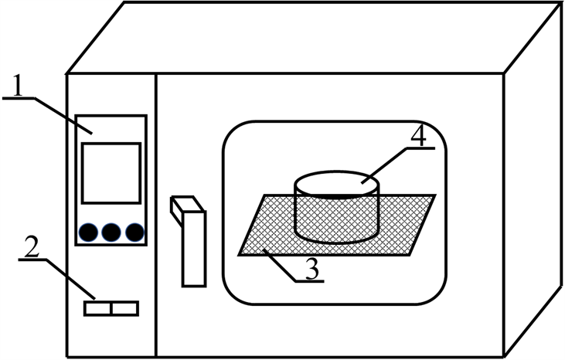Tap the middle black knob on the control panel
click(x=112, y=231)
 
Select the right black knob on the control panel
click(x=134, y=231)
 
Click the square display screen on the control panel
click(x=111, y=173)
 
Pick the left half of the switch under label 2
click(x=97, y=308)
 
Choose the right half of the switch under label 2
click(x=124, y=308)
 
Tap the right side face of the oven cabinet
click(x=533, y=193)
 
